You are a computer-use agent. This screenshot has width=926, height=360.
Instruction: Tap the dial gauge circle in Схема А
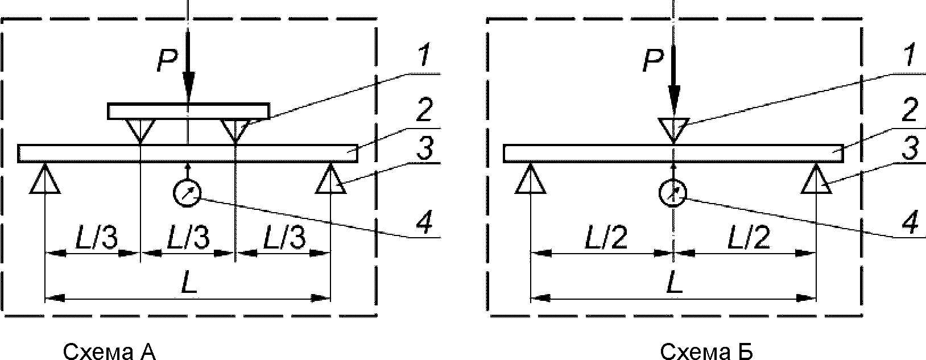187,193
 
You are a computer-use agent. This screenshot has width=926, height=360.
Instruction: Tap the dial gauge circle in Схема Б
673,193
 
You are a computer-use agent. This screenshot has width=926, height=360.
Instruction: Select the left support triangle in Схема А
44,181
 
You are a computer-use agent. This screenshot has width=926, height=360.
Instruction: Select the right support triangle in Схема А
330,181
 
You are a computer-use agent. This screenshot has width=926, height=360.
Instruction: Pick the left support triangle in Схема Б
530,181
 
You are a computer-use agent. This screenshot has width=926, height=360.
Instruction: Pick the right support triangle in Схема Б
817,181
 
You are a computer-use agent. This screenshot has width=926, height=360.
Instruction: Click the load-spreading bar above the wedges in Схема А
188,111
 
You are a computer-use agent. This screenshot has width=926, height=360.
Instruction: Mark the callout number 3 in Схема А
423,151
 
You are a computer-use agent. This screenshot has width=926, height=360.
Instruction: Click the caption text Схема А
109,352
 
